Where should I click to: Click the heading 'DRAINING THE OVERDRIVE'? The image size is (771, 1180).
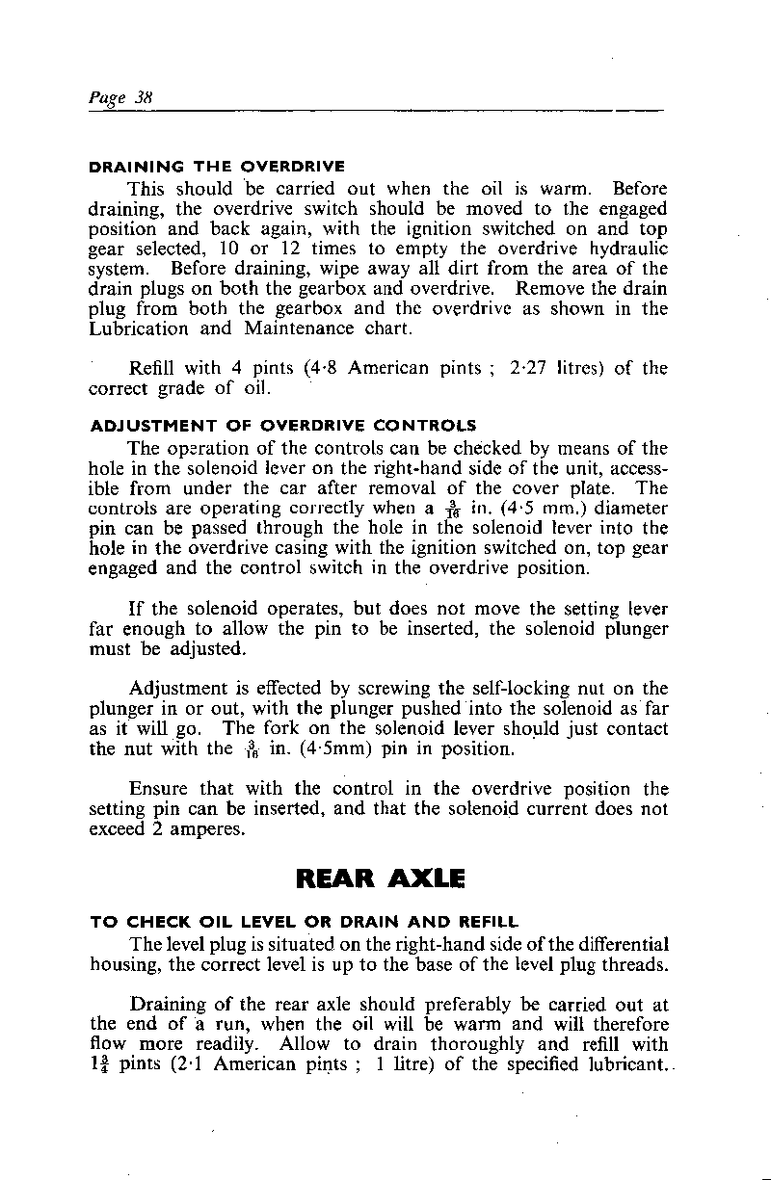coord(217,167)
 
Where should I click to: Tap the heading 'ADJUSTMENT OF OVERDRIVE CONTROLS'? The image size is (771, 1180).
coord(282,425)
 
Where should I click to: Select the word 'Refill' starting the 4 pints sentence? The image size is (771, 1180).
coord(154,368)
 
